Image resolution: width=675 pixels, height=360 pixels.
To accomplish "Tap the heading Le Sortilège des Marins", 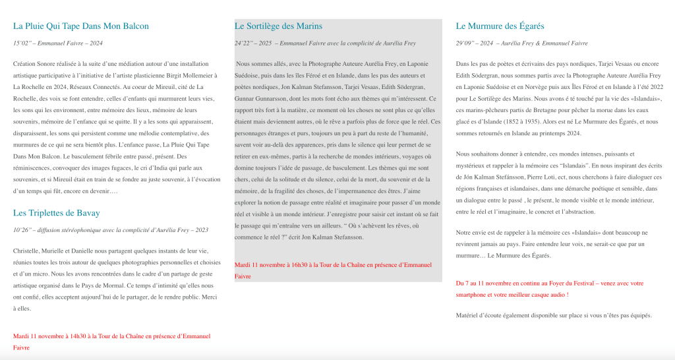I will [278, 26].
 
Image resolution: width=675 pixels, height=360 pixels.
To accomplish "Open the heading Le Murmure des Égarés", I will [500, 26].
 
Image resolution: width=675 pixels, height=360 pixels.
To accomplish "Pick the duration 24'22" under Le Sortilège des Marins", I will [243, 44].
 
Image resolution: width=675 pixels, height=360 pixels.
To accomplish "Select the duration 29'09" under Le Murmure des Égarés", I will [465, 44].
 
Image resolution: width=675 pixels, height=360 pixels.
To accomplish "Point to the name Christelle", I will [27, 251].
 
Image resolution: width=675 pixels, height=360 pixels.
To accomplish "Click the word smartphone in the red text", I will [473, 294].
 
